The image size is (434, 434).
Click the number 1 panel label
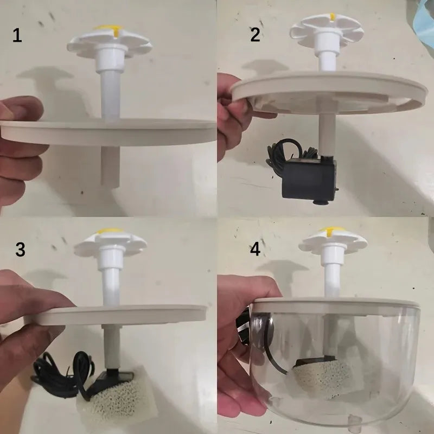coord(17,36)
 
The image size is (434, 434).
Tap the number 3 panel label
coord(20,250)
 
